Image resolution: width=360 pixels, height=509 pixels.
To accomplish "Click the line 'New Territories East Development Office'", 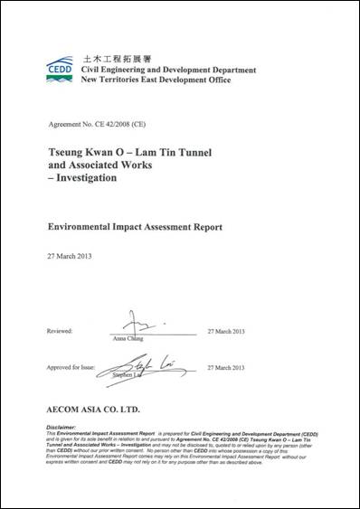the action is pyautogui.click(x=156, y=80).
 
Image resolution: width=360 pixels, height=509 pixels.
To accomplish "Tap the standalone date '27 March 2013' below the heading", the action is pyautogui.click(x=69, y=256).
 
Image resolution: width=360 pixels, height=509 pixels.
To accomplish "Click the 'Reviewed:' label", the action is pyautogui.click(x=59, y=331).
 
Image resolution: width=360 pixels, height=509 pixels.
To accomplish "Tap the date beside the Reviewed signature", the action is pyautogui.click(x=226, y=331).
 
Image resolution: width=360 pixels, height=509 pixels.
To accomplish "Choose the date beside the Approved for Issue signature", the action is pyautogui.click(x=226, y=368).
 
